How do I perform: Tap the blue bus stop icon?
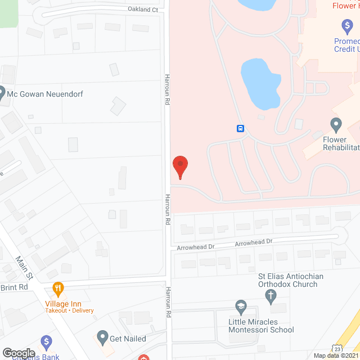(x=240, y=128)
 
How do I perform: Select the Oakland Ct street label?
(x=143, y=10)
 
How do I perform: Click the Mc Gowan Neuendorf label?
(x=45, y=94)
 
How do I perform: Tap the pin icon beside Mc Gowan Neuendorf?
(x=2, y=92)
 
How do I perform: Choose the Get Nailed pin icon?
(x=102, y=337)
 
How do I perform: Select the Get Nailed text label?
(x=128, y=339)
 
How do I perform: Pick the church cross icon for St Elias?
(x=271, y=295)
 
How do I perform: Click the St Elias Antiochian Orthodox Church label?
(x=291, y=280)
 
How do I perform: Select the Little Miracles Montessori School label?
(x=261, y=325)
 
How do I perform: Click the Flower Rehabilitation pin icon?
(x=336, y=124)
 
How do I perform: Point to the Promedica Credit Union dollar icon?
(x=346, y=26)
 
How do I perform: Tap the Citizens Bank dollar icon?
(x=46, y=341)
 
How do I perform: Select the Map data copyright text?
(x=336, y=355)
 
